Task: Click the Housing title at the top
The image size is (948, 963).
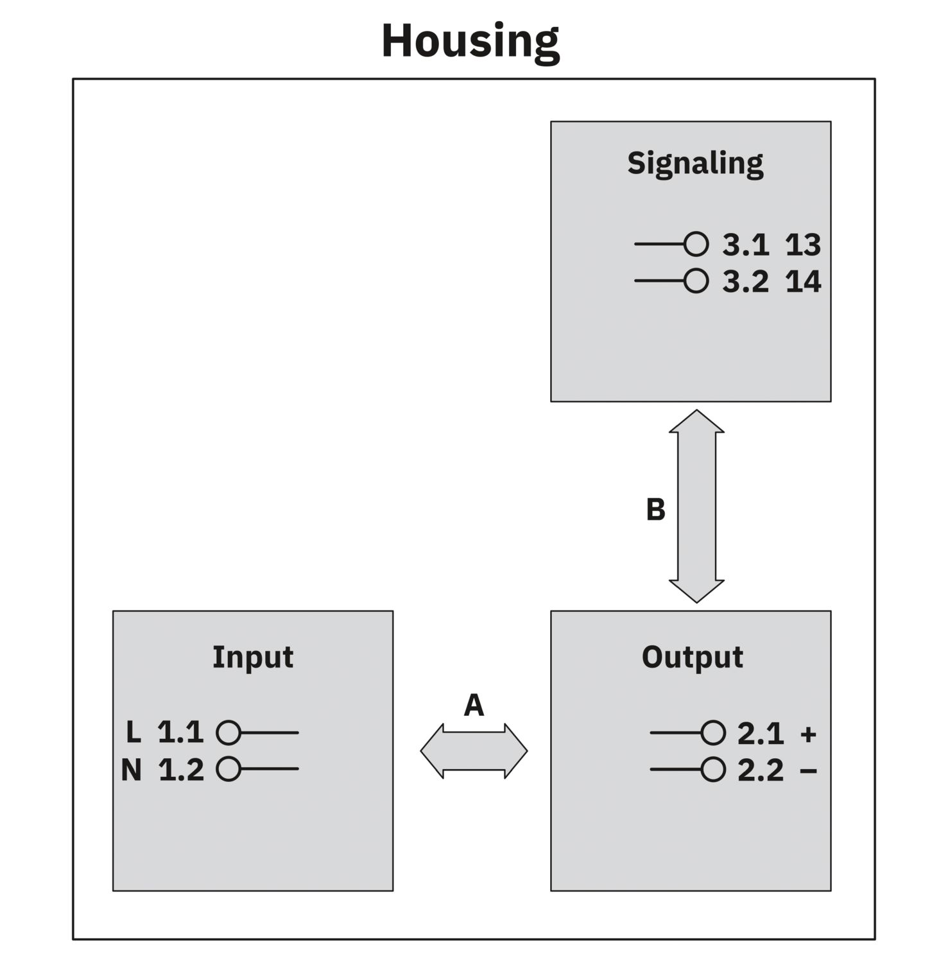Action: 470,42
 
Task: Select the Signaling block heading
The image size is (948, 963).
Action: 695,164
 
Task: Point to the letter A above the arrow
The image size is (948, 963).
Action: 474,706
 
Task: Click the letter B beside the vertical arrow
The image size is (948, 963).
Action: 655,510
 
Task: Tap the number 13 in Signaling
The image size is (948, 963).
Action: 803,245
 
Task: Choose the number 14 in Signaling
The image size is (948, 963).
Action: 803,282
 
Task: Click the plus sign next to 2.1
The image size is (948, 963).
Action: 808,734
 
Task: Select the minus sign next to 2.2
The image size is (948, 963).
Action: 808,770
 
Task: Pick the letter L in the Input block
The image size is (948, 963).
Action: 134,733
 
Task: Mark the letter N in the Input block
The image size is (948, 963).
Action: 132,770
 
